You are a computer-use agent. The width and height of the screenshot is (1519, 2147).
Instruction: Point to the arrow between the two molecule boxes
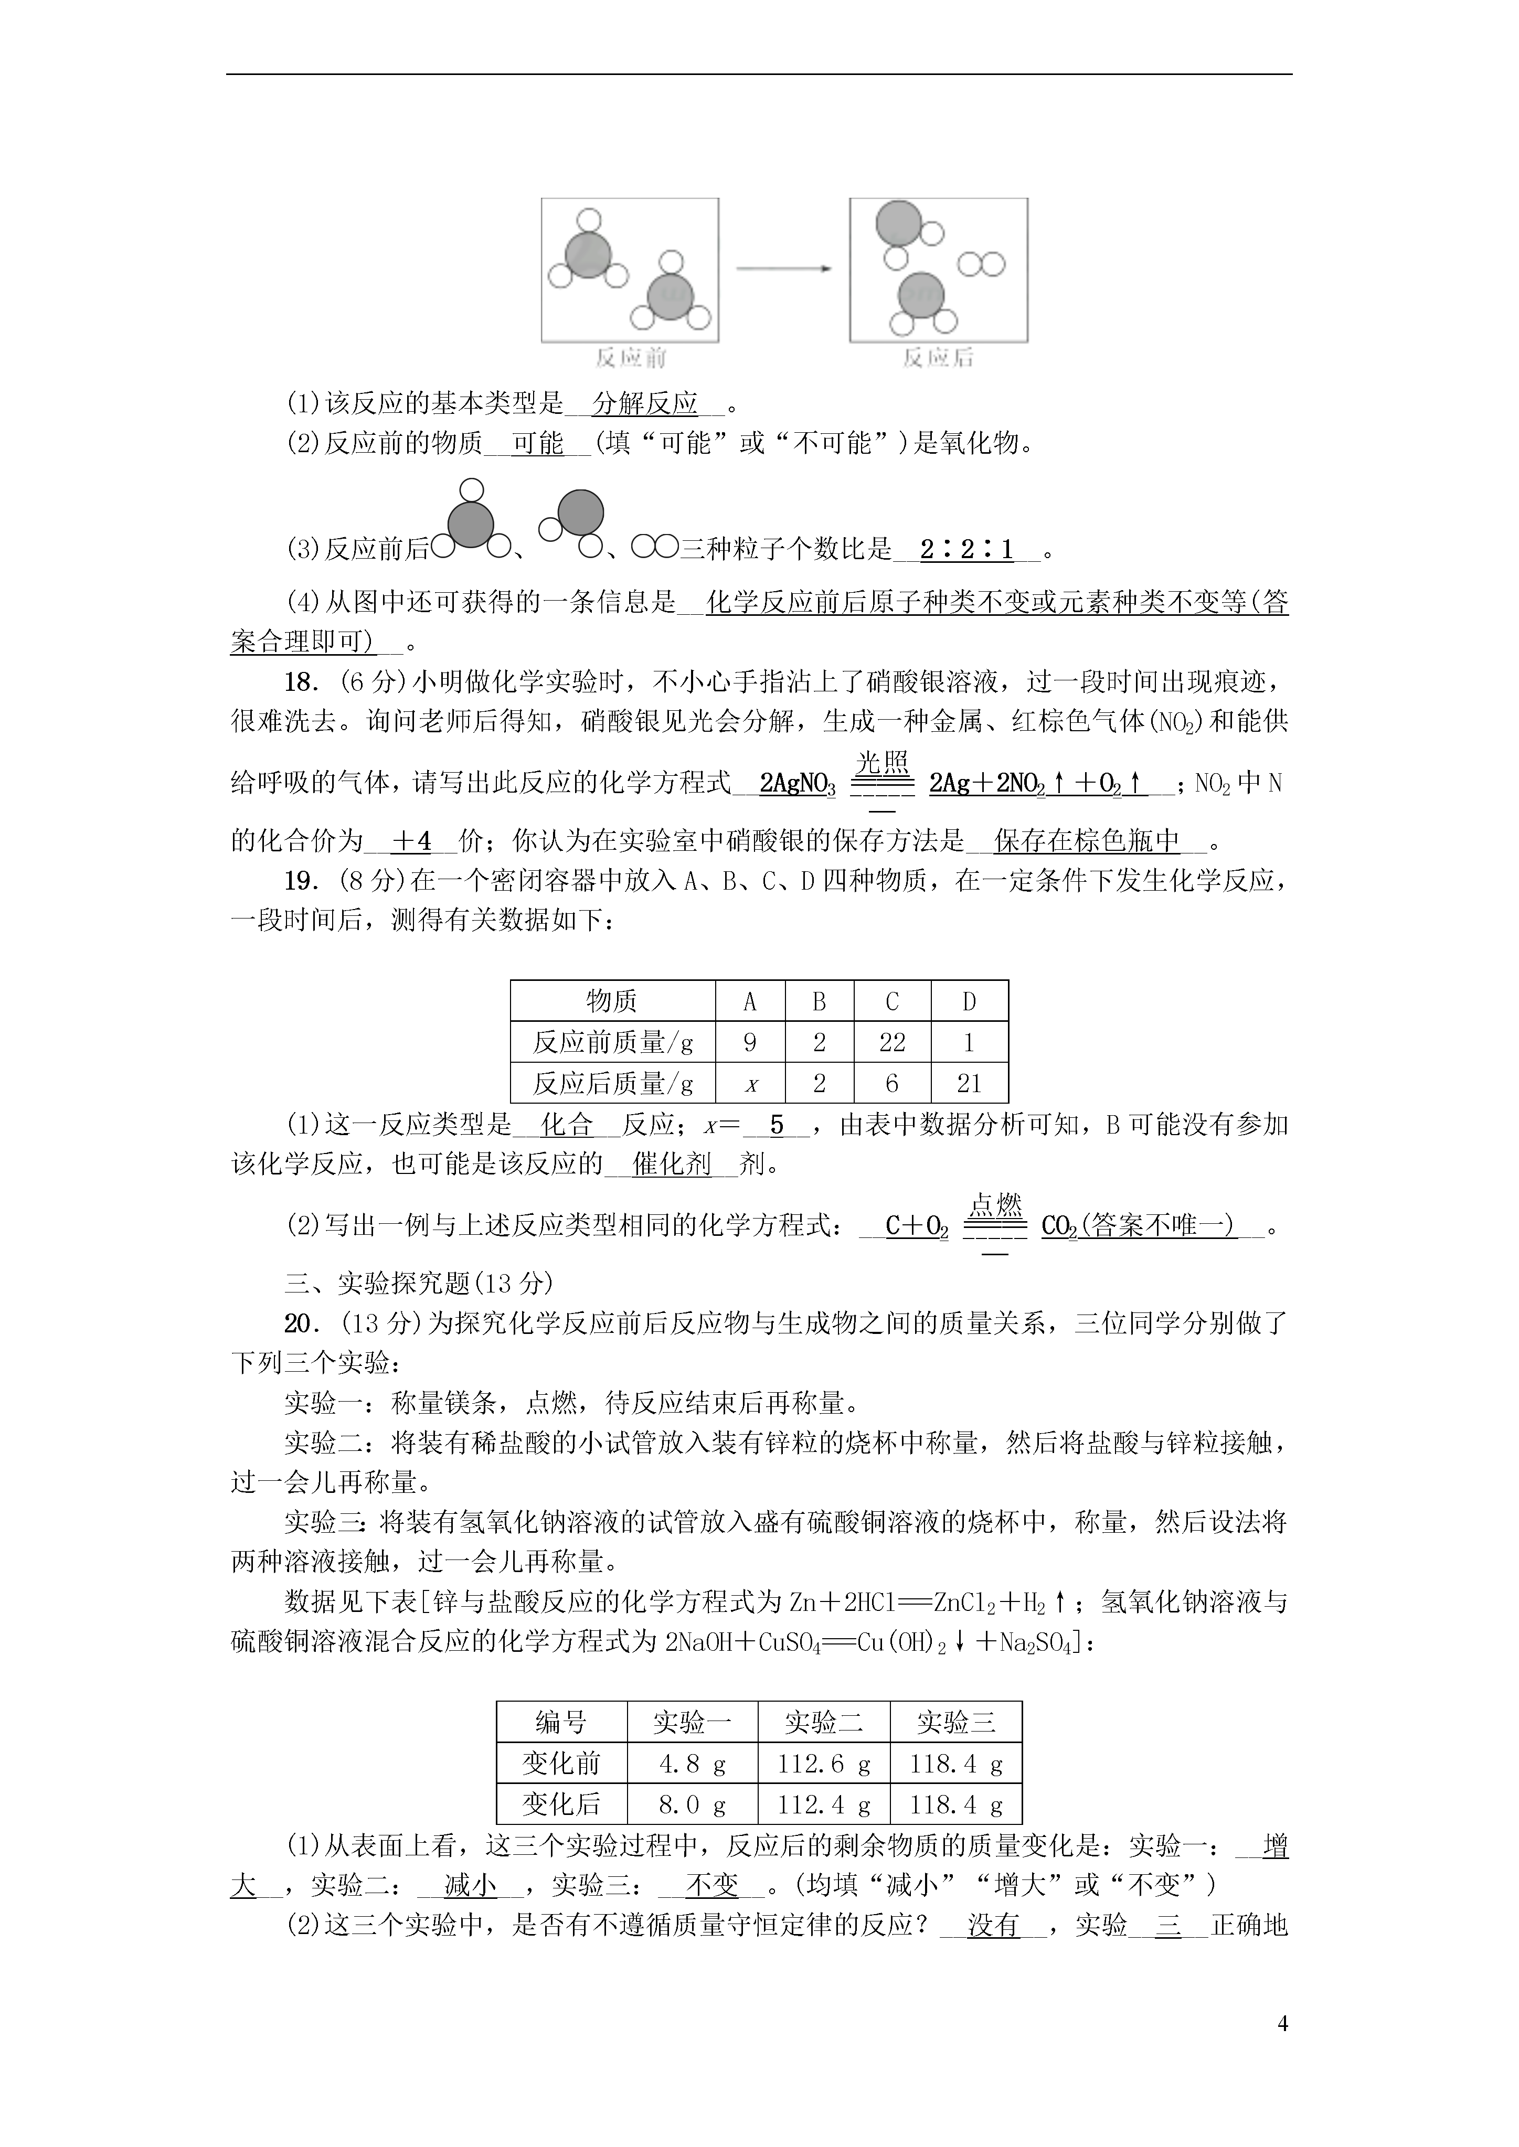[784, 269]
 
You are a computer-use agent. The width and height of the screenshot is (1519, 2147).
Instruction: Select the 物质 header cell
[612, 1001]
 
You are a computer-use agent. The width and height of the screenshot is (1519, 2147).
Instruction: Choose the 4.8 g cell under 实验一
[692, 1765]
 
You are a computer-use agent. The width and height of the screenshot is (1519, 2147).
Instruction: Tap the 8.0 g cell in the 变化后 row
[692, 1805]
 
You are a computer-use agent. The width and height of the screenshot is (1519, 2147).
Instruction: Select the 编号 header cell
[561, 1723]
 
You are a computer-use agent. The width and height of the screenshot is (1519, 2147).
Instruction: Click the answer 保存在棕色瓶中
[1087, 841]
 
